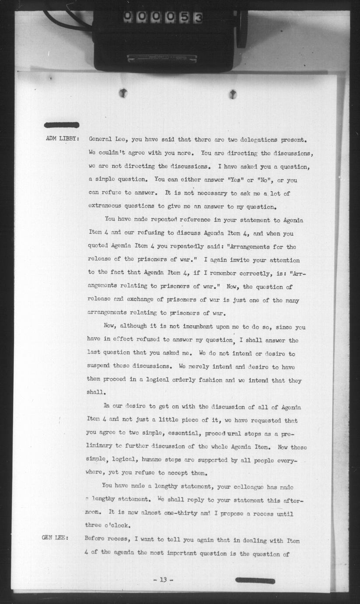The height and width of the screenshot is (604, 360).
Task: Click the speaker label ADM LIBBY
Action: coord(62,140)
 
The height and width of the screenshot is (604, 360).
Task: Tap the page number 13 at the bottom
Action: coord(163,580)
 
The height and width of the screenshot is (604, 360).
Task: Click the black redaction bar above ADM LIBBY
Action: coord(62,125)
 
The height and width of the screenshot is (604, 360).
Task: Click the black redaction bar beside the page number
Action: coord(255,580)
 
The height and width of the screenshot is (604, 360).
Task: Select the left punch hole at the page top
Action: coord(123,92)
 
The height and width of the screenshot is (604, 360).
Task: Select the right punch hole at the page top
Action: coord(233,94)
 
